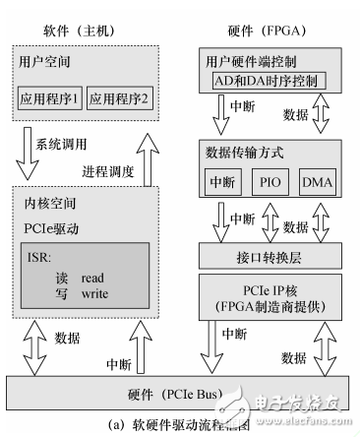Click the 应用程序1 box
tap(49, 98)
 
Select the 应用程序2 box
tap(120, 98)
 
